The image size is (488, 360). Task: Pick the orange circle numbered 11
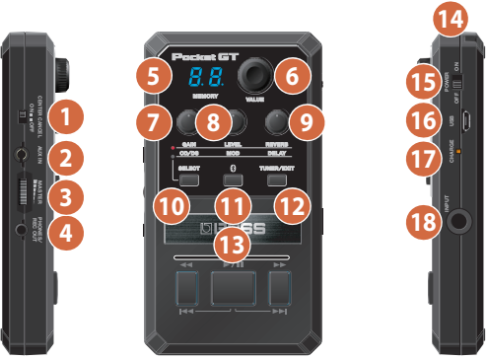pos(233,209)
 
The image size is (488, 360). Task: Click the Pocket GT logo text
pos(206,57)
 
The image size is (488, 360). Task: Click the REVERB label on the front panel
pos(278,144)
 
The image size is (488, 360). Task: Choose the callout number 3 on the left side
pos(65,195)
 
